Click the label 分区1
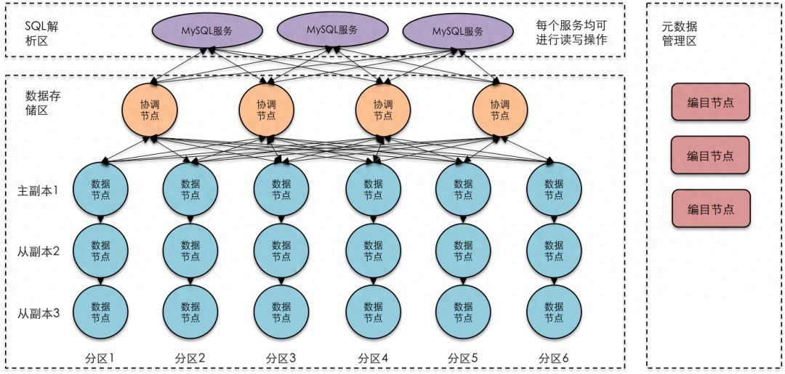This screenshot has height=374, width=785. click(x=99, y=358)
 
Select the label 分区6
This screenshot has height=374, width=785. click(x=554, y=358)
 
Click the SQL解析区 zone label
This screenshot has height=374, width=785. click(x=41, y=33)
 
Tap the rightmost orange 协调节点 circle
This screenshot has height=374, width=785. click(x=499, y=110)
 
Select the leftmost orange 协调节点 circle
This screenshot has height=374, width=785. click(x=150, y=110)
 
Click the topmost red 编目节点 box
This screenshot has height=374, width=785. click(x=709, y=102)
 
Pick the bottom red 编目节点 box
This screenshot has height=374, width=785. click(x=709, y=208)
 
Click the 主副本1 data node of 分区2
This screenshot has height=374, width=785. click(x=190, y=190)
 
